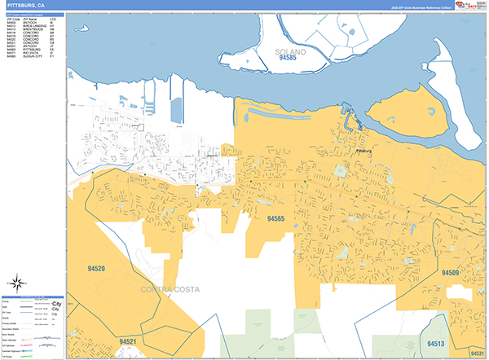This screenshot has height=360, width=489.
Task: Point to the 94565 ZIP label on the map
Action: (275, 218)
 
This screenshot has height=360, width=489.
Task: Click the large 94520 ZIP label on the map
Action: (96, 267)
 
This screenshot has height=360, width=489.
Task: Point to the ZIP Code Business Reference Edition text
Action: (416, 7)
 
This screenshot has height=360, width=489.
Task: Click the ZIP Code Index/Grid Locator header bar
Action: (33, 15)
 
